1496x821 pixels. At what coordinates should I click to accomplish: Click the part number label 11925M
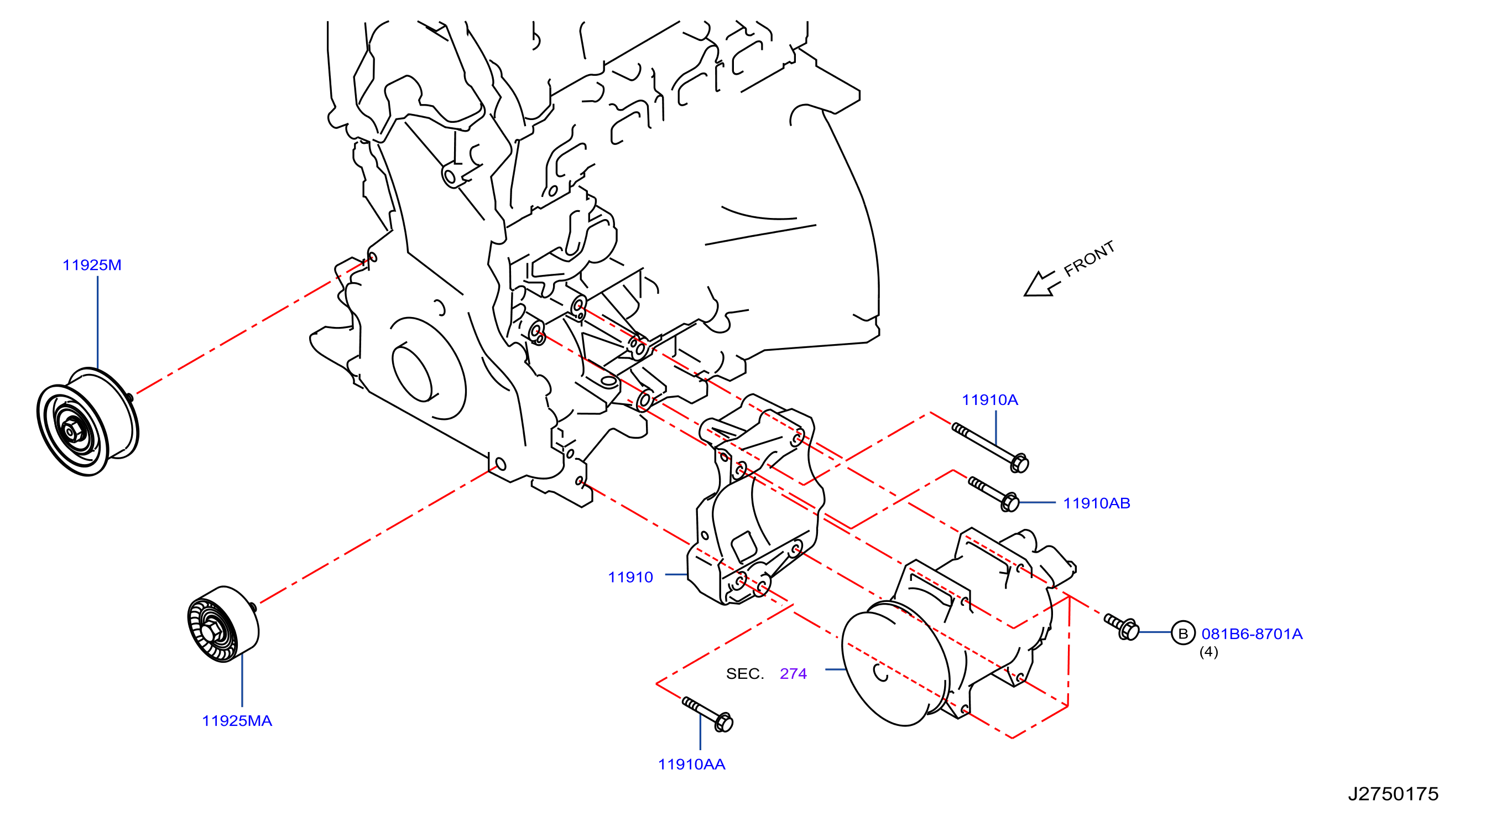pos(92,265)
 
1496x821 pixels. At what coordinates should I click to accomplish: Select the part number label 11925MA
pos(237,721)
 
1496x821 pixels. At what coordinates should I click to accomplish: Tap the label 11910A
pos(989,400)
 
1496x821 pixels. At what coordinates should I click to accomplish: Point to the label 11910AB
pos(1097,503)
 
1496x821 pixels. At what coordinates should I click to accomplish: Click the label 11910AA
pos(691,765)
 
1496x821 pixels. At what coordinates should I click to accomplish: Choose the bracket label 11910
pos(630,578)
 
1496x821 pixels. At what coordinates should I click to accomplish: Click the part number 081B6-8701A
pos(1252,634)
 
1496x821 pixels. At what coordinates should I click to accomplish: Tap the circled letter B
pos(1182,633)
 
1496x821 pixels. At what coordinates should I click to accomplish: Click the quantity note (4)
pos(1208,652)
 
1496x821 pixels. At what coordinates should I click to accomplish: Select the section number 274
pos(793,674)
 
